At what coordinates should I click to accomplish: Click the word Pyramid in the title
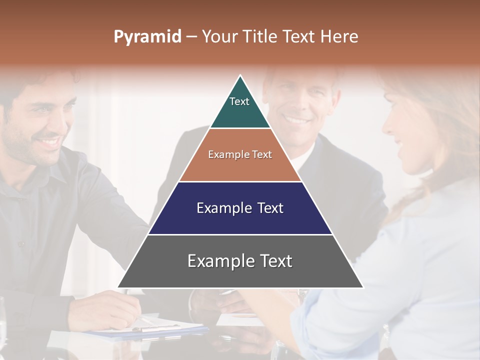point(147,37)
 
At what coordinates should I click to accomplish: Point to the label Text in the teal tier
point(239,101)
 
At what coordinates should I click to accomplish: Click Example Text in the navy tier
point(240,208)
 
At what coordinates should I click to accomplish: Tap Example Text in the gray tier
point(240,261)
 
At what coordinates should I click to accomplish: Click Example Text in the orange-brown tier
point(240,154)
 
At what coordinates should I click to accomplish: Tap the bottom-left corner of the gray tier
point(119,287)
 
